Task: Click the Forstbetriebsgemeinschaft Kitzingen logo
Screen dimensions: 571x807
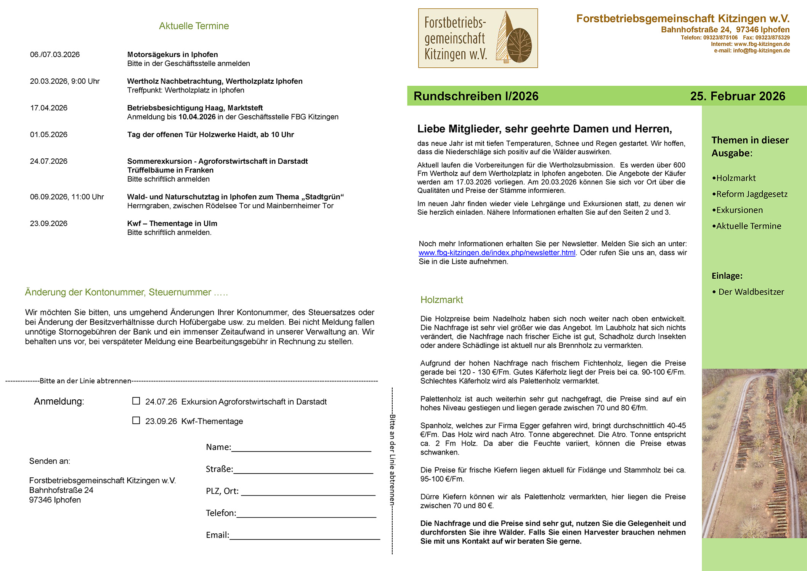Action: tap(478, 38)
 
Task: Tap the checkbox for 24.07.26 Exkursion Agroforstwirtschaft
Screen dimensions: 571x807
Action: tap(136, 401)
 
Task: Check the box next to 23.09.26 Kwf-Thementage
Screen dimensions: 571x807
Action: tap(136, 420)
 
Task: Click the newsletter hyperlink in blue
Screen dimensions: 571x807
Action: tap(497, 253)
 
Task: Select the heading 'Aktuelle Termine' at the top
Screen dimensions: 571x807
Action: tap(194, 26)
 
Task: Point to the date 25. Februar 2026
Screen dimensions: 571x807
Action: tap(737, 96)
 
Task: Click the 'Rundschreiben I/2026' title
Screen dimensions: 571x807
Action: tap(476, 96)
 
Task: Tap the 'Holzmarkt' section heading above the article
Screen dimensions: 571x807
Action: tap(441, 300)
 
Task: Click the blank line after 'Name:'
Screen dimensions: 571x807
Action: tap(301, 448)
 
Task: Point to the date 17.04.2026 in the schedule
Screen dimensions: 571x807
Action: tap(49, 108)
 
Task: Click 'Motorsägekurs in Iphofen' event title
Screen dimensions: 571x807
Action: tap(172, 54)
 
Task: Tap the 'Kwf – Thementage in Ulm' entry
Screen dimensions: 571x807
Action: tap(172, 223)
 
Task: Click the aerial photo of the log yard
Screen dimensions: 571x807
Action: tap(754, 453)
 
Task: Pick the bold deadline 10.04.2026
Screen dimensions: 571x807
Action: tap(197, 117)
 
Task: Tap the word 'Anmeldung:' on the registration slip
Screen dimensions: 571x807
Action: tap(59, 401)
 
